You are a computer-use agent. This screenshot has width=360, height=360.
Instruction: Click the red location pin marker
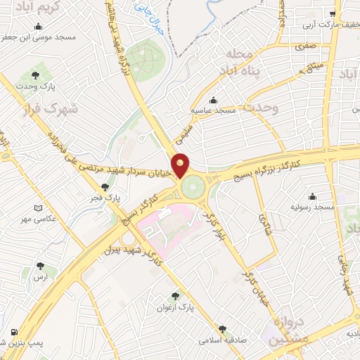click(x=181, y=165)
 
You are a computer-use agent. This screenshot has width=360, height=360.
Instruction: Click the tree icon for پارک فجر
click(x=105, y=187)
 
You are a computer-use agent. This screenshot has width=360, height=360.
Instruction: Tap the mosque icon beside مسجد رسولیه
click(x=312, y=196)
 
